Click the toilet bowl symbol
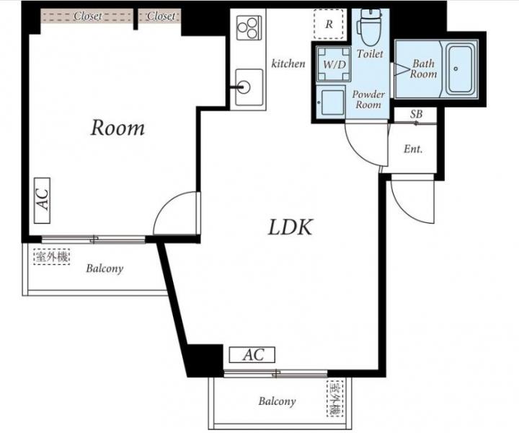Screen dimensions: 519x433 pos(370,27)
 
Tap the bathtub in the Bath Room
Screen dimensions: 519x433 pos(461,69)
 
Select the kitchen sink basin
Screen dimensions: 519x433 pos(249,87)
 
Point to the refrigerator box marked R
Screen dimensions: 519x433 pos(329,25)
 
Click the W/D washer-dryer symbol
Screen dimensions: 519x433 pos(333,64)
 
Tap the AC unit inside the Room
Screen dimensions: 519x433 pos(43,201)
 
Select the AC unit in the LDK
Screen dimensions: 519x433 pos(252,355)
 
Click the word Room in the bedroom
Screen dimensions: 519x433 pos(117,128)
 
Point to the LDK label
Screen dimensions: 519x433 pos(290,227)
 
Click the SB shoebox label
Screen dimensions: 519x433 pos(416,114)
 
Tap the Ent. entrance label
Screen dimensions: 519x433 pos(413,149)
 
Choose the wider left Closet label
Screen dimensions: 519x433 pos(87,16)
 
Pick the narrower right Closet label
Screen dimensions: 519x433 pos(161,16)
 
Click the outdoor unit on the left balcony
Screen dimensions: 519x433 pos(52,257)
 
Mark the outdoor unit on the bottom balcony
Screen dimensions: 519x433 pos(335,399)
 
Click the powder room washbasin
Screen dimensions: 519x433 pos(331,102)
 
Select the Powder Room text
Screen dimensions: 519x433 pos(368,100)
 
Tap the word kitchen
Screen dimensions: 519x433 pos(288,64)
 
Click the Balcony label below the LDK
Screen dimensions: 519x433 pos(277,401)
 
